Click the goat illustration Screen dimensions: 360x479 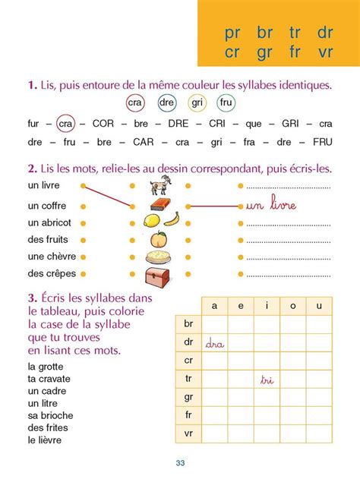click(x=160, y=184)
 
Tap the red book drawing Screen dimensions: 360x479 click(x=159, y=204)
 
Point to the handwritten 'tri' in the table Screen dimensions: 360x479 click(x=266, y=379)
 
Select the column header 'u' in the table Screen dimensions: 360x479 click(x=318, y=306)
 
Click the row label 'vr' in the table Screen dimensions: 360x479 click(x=188, y=434)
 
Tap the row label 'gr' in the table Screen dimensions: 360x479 click(x=188, y=397)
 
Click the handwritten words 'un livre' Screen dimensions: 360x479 click(x=270, y=205)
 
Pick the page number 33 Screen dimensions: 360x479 click(x=180, y=464)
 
